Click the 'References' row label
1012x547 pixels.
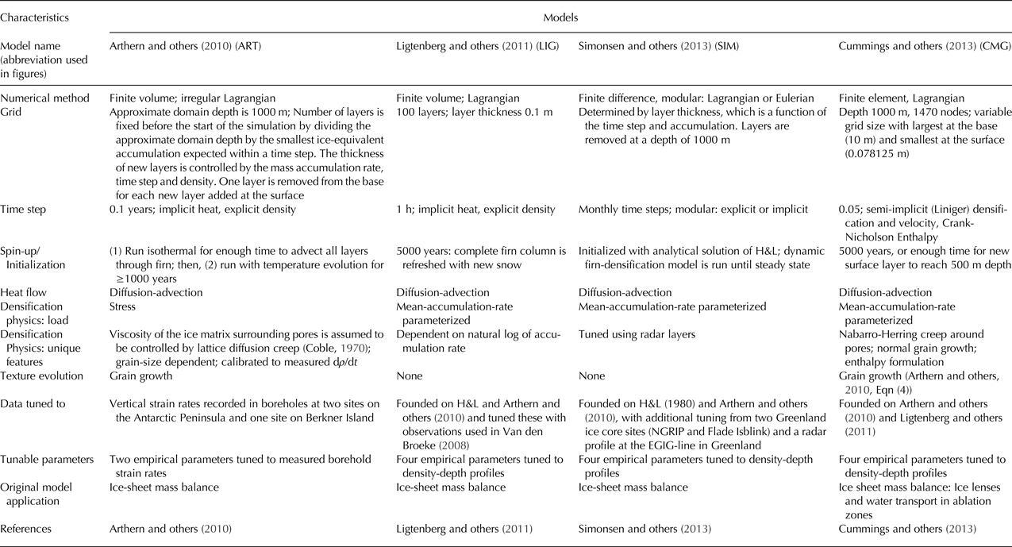(x=27, y=526)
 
